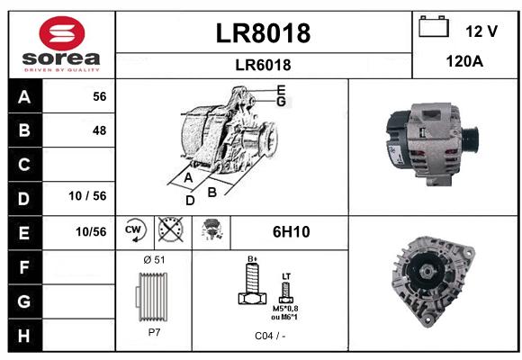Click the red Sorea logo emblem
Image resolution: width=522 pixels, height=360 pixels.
coord(62,33)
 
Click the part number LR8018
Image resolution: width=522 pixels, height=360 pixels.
coord(263,33)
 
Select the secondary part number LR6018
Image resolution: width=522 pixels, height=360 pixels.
coord(263,65)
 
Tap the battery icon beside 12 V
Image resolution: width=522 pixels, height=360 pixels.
coord(434,26)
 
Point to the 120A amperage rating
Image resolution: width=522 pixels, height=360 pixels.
coord(464,61)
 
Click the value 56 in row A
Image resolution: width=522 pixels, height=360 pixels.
coord(100,96)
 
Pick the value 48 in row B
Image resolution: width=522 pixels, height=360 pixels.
coord(100,130)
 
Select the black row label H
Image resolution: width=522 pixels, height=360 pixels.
coord(24,336)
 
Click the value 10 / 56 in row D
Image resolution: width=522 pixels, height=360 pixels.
coord(87,196)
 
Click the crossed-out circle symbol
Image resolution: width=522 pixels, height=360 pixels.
coord(171,229)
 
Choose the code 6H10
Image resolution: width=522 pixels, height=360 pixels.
coord(291,232)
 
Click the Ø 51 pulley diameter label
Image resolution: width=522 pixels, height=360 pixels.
coord(154,260)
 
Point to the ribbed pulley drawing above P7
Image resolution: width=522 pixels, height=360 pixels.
coord(152,297)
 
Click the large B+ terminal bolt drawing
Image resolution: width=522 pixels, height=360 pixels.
coord(253,283)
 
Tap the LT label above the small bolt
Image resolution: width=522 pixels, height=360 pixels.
coord(286,276)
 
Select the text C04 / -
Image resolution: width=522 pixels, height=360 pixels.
coord(270,336)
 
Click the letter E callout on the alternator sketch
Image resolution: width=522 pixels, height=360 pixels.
coord(282,90)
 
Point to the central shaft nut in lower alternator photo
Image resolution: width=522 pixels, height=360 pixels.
coord(427,272)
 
